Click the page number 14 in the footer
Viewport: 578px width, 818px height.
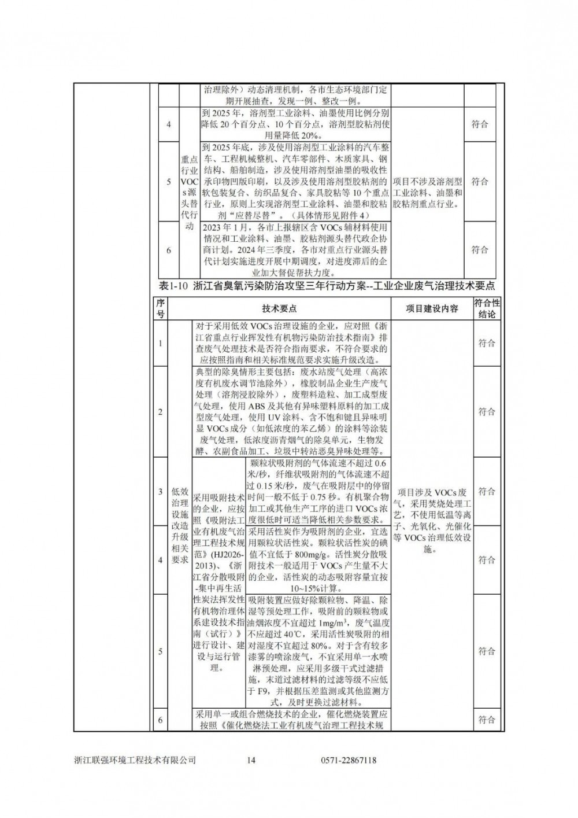click(250, 760)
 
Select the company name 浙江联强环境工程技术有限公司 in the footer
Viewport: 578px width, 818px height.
click(135, 760)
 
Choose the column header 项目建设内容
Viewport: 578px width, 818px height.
click(431, 308)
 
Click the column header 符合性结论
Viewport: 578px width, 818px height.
click(487, 308)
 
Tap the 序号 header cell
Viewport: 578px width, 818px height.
click(161, 308)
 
